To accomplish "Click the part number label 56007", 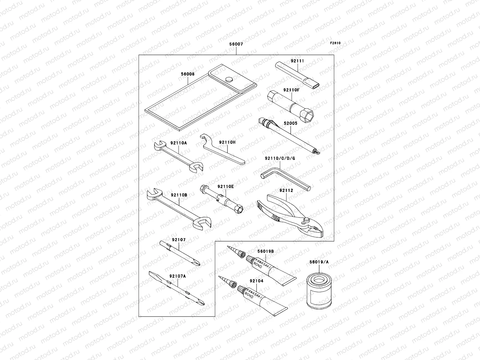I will pos(236,44).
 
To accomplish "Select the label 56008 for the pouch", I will pos(188,73).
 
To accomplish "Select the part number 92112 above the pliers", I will pos(286,190).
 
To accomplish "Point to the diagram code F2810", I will pos(335,43).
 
